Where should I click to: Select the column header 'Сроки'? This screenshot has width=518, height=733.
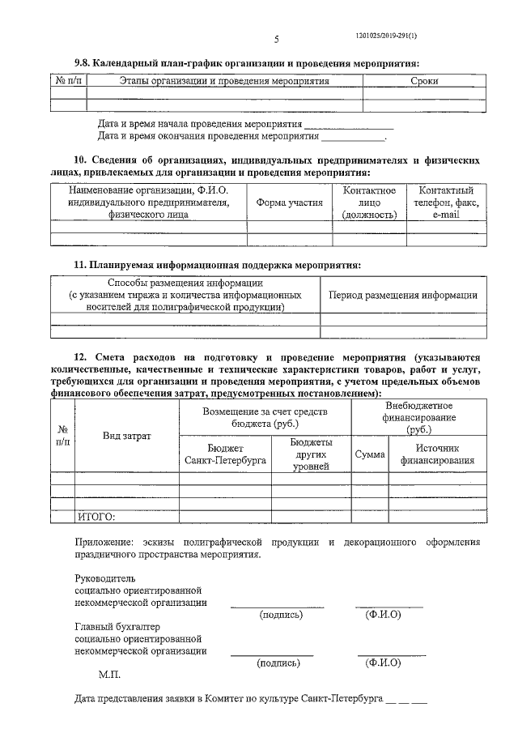click(x=424, y=82)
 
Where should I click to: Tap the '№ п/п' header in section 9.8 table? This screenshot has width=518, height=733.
click(x=68, y=82)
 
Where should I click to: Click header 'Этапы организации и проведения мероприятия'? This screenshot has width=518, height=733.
click(x=224, y=82)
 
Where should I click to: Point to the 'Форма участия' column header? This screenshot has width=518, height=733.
click(x=289, y=202)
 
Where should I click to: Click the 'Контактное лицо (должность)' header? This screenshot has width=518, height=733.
click(x=369, y=202)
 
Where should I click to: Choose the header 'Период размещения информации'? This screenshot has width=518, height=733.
click(x=403, y=296)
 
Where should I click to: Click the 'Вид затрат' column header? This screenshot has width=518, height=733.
click(x=127, y=436)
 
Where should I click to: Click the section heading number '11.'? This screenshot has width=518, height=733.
click(x=79, y=265)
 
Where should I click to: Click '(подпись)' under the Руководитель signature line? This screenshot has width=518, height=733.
click(x=280, y=616)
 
